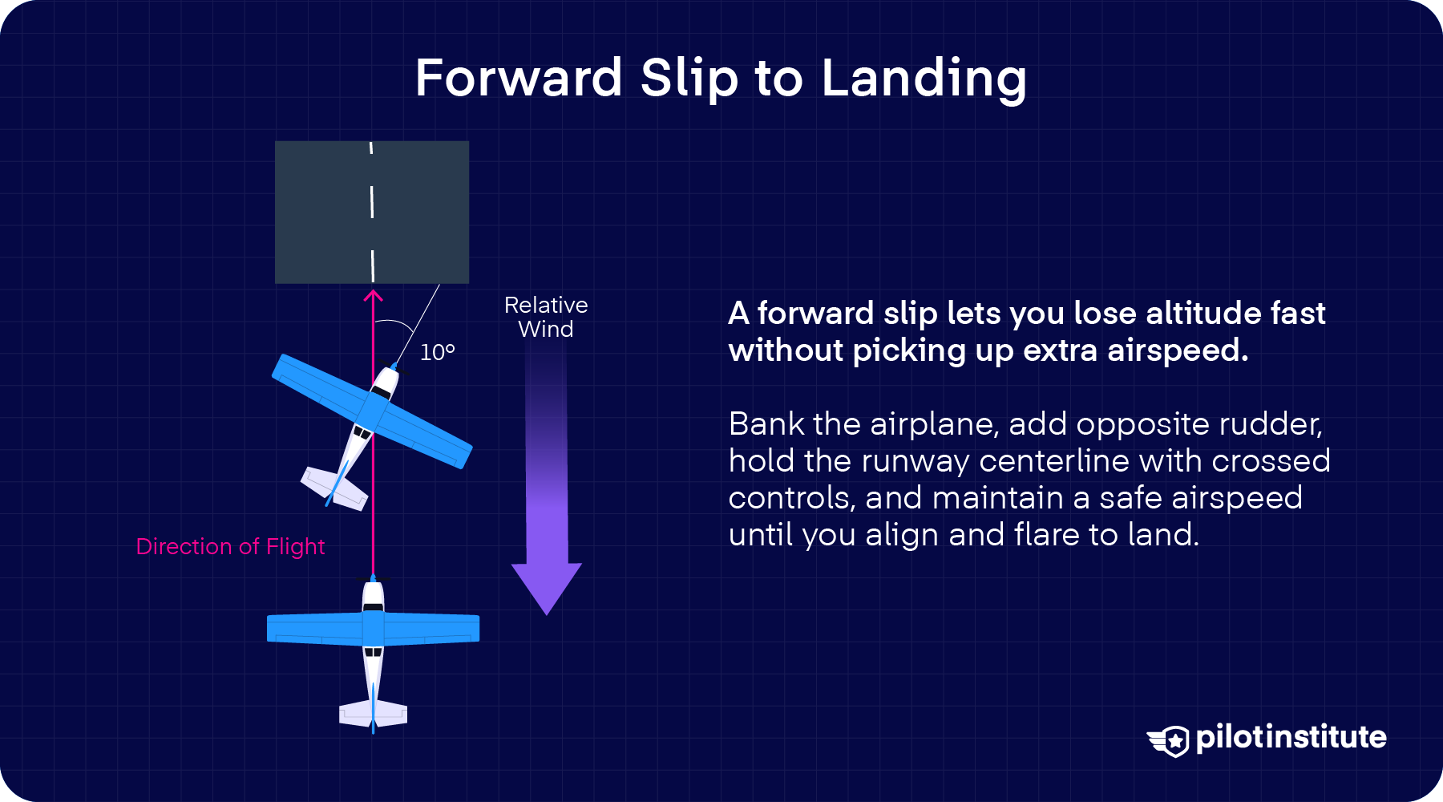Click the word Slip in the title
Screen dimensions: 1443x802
[x=689, y=79]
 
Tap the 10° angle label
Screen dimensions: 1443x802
[x=438, y=353]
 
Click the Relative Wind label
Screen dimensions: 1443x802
[x=546, y=317]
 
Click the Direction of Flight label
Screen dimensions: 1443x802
[x=230, y=547]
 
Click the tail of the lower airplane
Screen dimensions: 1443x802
[x=373, y=713]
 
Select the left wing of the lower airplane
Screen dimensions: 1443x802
[x=314, y=629]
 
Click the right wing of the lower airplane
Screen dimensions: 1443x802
[x=432, y=629]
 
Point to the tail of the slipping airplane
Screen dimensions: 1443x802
[x=334, y=488]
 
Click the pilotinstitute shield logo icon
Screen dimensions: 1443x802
[x=1169, y=740]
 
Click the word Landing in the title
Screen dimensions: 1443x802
[x=924, y=79]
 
